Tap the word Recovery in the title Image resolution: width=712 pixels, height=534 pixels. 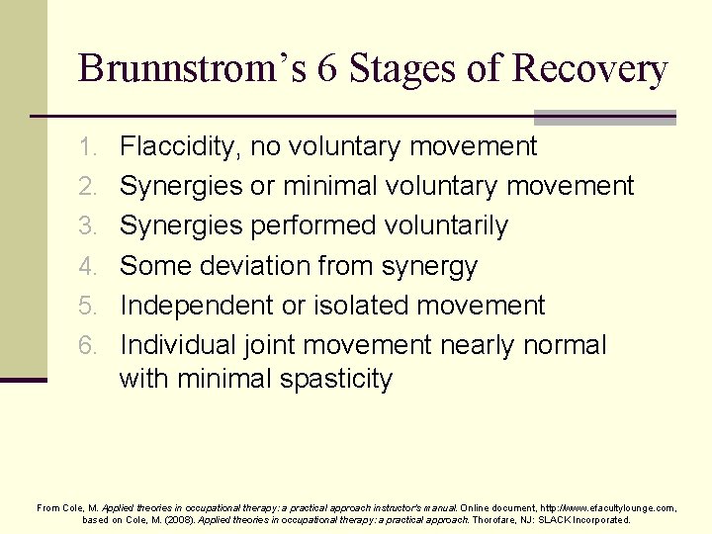pos(589,68)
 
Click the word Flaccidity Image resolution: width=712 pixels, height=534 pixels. pos(180,147)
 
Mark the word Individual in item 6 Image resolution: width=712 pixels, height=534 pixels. pos(177,346)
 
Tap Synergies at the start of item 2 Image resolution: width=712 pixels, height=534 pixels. pos(181,187)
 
